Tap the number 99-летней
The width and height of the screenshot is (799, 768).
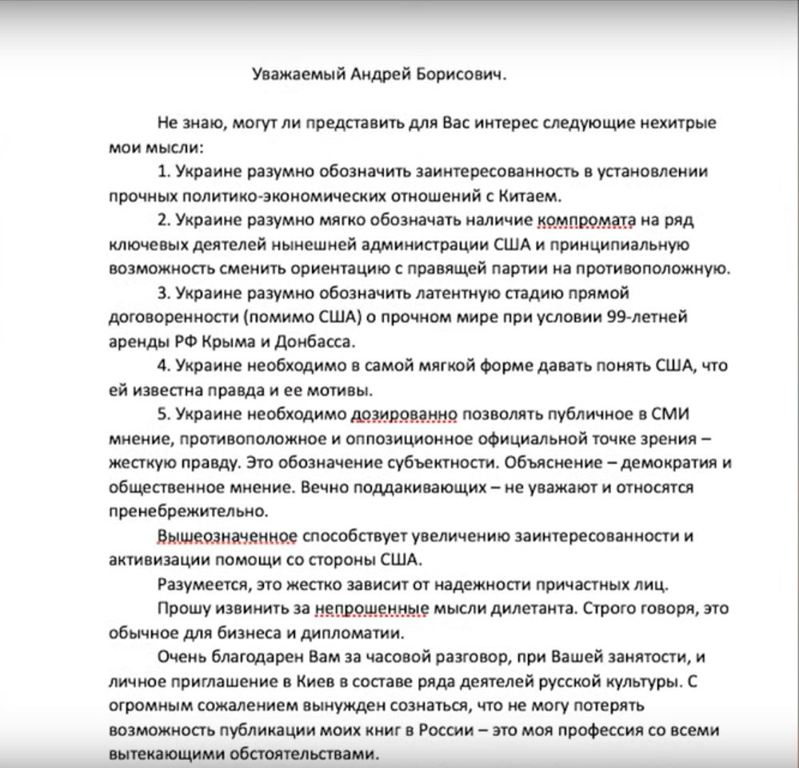coord(646,316)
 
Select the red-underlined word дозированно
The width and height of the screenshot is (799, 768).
coord(405,415)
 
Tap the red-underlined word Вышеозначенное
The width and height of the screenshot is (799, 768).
coord(228,536)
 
